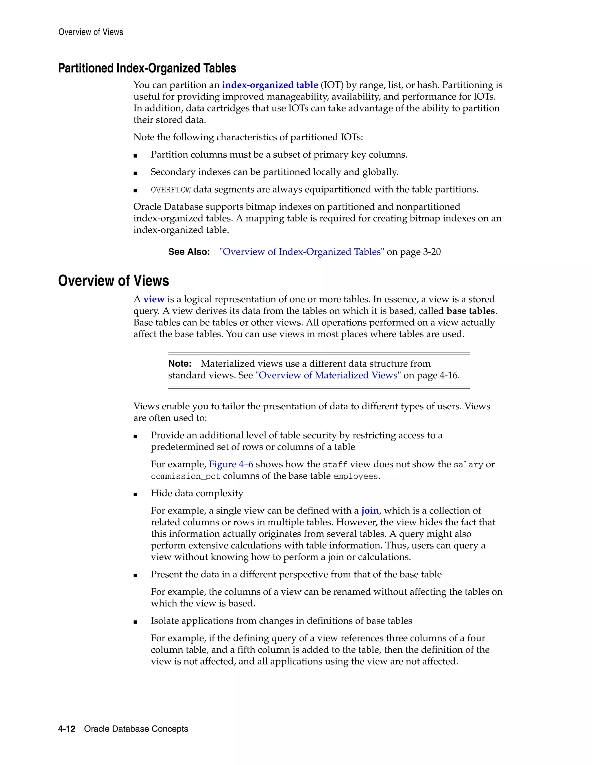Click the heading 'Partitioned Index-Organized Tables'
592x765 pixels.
pyautogui.click(x=147, y=68)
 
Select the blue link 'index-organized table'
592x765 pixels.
pyautogui.click(x=270, y=85)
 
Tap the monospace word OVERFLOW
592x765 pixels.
pyautogui.click(x=171, y=190)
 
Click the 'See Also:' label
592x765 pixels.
pyautogui.click(x=189, y=252)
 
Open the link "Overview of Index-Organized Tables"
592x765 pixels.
pyautogui.click(x=301, y=252)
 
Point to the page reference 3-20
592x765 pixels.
pyautogui.click(x=432, y=252)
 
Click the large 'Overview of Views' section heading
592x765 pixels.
pyautogui.click(x=113, y=281)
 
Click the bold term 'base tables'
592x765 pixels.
pyautogui.click(x=471, y=311)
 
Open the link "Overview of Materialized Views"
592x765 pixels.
pyautogui.click(x=328, y=376)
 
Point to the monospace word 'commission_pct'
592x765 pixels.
pyautogui.click(x=186, y=476)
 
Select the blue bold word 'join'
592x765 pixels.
pyautogui.click(x=370, y=511)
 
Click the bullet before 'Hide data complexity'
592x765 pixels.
pyautogui.click(x=135, y=494)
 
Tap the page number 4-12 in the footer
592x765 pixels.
pyautogui.click(x=67, y=729)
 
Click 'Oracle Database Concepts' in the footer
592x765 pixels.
pyautogui.click(x=136, y=729)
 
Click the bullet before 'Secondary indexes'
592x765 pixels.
pyautogui.click(x=135, y=173)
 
